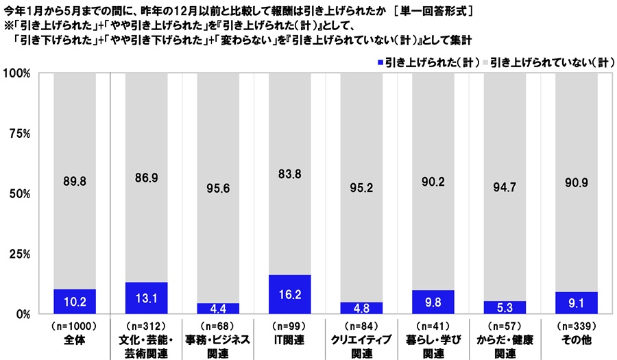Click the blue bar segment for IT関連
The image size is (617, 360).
[291, 294]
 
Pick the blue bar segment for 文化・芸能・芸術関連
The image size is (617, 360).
[147, 298]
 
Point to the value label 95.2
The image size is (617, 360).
[362, 187]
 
